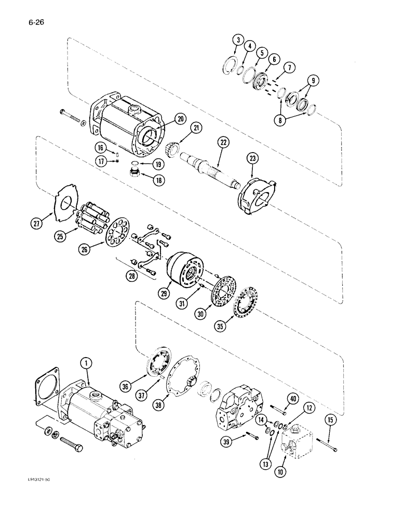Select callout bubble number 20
(x=166, y=119)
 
